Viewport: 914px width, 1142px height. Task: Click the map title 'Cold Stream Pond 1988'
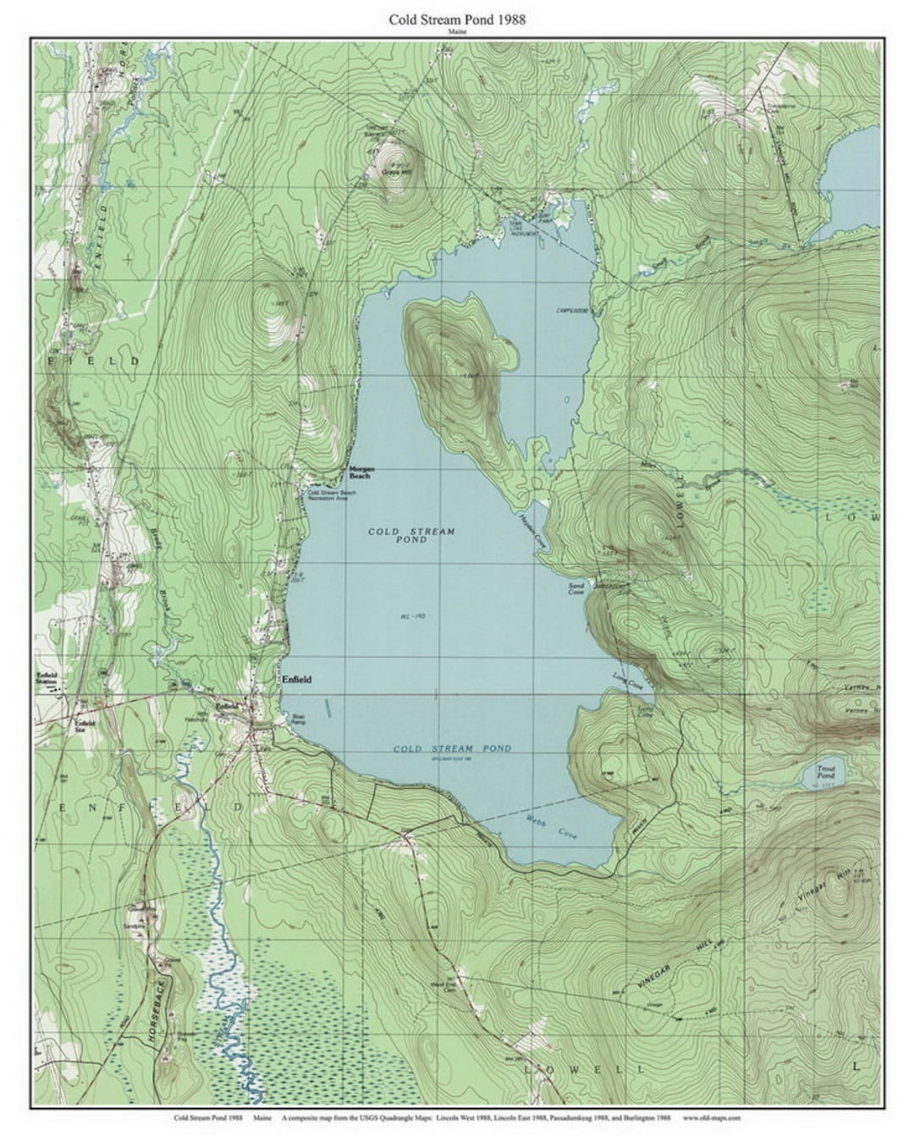click(457, 19)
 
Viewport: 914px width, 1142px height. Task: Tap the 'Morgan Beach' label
click(361, 472)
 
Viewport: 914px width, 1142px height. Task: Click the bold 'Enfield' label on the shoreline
click(296, 679)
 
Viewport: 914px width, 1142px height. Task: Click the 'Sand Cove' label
click(576, 588)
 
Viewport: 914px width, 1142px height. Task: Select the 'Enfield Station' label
click(47, 677)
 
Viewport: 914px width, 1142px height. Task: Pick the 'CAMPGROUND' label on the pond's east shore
click(572, 310)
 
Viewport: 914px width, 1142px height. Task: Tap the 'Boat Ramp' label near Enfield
click(298, 719)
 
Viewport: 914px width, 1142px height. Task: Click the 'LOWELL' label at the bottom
click(584, 1068)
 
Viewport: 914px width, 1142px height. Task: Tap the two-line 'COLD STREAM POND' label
click(411, 535)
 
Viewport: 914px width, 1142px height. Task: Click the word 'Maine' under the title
click(457, 30)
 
